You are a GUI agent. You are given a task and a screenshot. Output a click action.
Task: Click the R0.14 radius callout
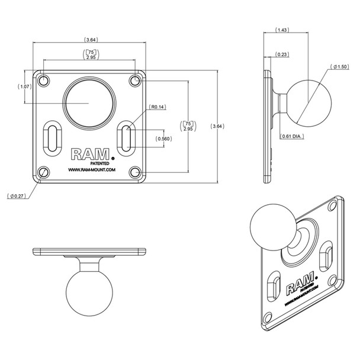point(158,107)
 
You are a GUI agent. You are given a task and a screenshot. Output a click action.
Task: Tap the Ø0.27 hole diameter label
point(18,195)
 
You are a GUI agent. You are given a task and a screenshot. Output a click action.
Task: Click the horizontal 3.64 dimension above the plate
point(91,40)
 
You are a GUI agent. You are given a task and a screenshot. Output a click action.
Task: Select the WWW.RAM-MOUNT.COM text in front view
point(91,171)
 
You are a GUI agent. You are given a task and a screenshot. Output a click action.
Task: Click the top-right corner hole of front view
point(136,80)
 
